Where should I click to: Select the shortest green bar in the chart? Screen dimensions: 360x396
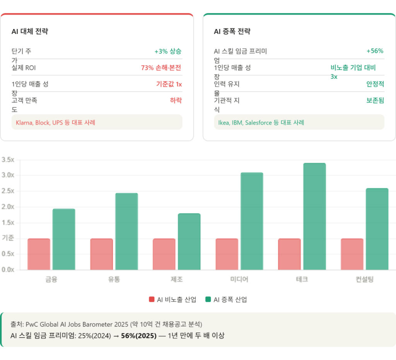click(x=189, y=241)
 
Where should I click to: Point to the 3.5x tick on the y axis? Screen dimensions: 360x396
click(x=8, y=159)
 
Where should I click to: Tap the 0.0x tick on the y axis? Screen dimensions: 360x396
click(x=8, y=269)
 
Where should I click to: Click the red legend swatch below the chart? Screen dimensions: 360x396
click(x=152, y=299)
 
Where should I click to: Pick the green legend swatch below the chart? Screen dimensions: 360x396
click(x=208, y=299)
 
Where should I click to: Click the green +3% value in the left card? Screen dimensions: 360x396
click(x=168, y=51)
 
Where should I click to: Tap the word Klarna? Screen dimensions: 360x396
click(x=24, y=122)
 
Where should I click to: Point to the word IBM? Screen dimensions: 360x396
click(x=237, y=122)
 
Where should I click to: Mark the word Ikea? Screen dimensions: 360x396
click(x=224, y=122)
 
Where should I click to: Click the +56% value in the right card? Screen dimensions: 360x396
click(x=375, y=51)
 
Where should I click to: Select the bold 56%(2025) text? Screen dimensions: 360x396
click(x=139, y=336)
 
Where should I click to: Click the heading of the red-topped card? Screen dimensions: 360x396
click(x=30, y=32)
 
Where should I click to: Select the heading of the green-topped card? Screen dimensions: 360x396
click(x=232, y=32)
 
